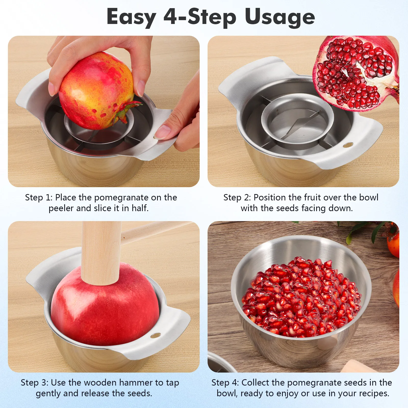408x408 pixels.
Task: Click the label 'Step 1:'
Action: (39, 198)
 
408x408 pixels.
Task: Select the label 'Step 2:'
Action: (237, 198)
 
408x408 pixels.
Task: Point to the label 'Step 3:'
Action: (34, 383)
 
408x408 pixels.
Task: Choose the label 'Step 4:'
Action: (225, 383)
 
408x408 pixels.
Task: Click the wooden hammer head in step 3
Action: (101, 252)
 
